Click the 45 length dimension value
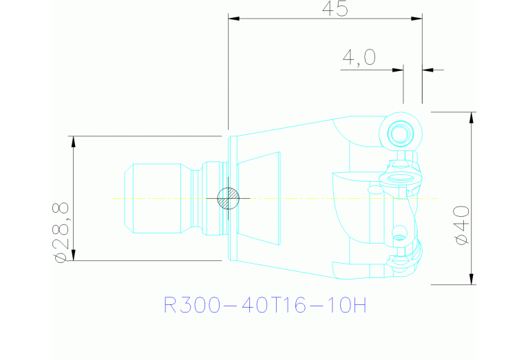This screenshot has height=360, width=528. pos(335,9)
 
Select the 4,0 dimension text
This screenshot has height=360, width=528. pos(359,57)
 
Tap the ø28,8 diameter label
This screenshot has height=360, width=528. pos(61,233)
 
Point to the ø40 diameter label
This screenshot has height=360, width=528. pos(462,225)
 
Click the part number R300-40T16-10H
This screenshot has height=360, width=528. pos(264,305)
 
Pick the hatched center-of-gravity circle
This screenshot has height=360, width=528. pos(229,198)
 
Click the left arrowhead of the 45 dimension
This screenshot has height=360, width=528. pos(233,18)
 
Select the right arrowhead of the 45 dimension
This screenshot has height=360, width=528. pos(416,18)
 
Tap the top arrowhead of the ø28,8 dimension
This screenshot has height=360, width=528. pos(74,142)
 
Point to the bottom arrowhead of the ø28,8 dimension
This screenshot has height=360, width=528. pos(74,255)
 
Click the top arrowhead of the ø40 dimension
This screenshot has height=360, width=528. pos(472,118)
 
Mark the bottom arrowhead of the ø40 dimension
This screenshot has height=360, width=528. pos(472,279)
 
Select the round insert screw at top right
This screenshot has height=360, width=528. pos(401,133)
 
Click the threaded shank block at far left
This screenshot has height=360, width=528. pos(153,198)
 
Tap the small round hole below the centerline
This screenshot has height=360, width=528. pos(400,233)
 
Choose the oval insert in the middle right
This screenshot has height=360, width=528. pos(400,178)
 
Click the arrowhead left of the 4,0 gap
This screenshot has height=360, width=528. pos(398,70)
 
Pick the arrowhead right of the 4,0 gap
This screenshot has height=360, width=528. pos(428,70)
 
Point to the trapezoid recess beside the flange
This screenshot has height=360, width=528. pos(259,198)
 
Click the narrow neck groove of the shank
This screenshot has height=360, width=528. pos(196,198)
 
